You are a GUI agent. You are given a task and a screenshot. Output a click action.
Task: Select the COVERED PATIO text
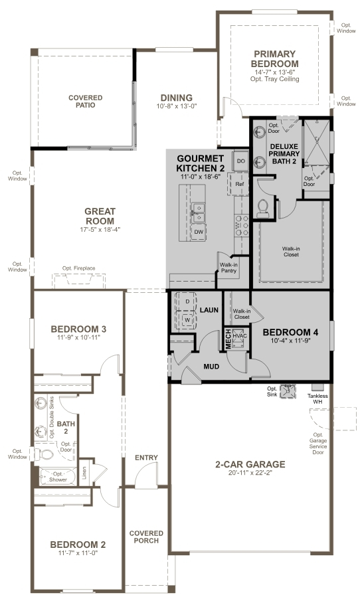click(x=86, y=101)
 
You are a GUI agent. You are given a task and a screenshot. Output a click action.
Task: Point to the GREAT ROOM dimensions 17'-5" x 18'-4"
click(x=100, y=230)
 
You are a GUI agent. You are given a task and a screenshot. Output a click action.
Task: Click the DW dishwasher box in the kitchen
click(x=198, y=232)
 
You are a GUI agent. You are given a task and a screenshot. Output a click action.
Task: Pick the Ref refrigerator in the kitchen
click(x=239, y=184)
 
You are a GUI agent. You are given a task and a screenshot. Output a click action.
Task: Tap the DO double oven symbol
click(x=240, y=161)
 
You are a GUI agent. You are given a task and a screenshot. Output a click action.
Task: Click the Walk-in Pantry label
click(x=229, y=268)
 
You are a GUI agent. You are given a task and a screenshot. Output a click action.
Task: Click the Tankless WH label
click(x=317, y=398)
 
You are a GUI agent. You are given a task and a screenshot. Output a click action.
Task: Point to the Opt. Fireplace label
click(x=79, y=268)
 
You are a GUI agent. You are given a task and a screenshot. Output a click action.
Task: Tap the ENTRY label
click(x=146, y=458)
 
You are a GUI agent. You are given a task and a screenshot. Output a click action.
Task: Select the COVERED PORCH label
click(x=146, y=537)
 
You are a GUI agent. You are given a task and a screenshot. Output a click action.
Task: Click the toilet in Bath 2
click(x=46, y=456)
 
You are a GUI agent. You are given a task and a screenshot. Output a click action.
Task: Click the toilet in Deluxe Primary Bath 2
click(x=262, y=207)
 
